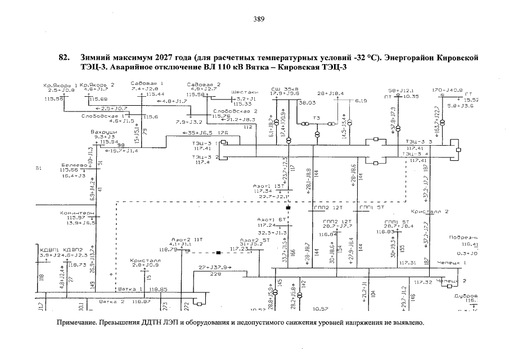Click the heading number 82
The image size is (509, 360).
click(x=64, y=58)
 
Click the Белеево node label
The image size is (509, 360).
click(x=73, y=165)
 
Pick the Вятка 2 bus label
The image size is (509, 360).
click(x=111, y=301)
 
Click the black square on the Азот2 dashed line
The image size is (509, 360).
click(x=219, y=253)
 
